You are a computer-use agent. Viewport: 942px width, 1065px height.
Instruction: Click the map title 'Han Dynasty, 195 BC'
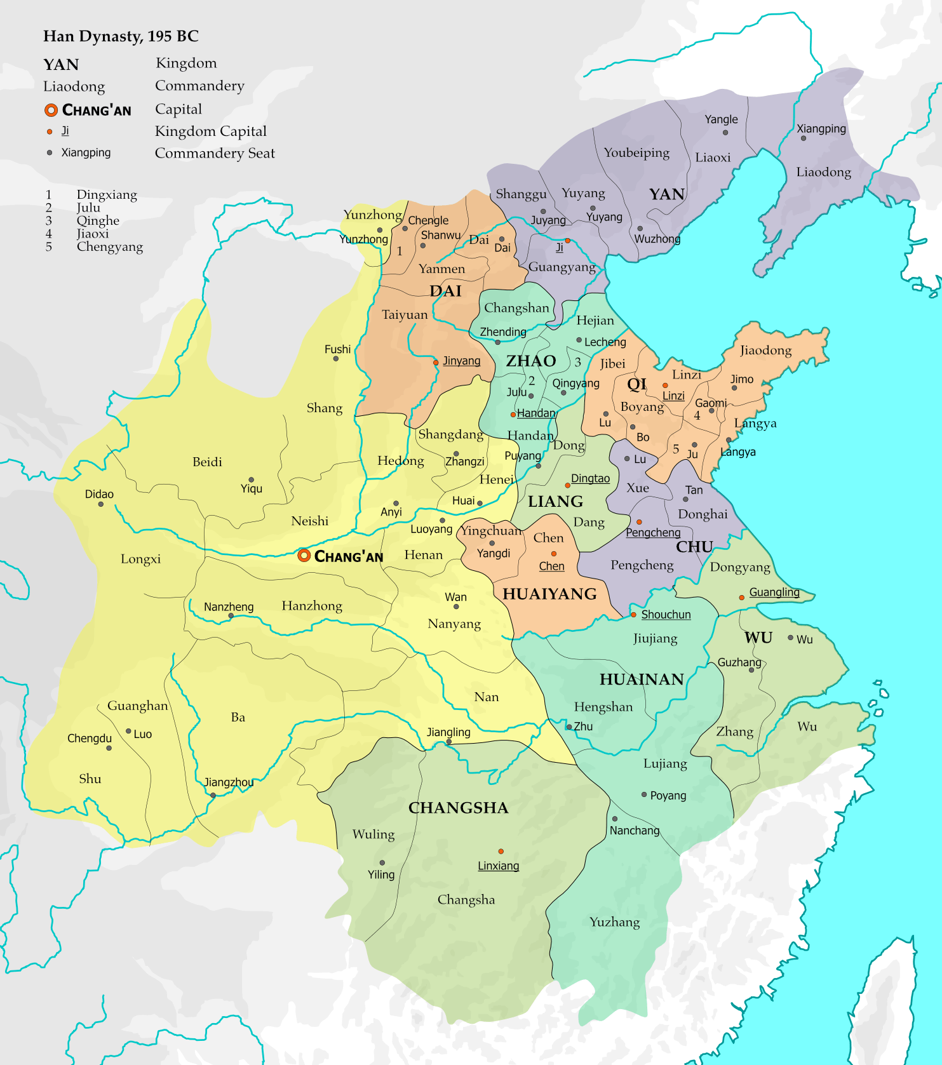pyautogui.click(x=121, y=36)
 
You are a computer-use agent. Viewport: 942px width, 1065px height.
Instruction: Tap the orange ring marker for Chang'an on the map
pyautogui.click(x=304, y=556)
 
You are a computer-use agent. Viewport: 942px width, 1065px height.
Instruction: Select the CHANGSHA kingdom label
pyautogui.click(x=458, y=808)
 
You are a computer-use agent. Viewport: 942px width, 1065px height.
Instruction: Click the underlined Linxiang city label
pyautogui.click(x=498, y=866)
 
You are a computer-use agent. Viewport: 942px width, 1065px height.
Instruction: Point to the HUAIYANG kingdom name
pyautogui.click(x=549, y=594)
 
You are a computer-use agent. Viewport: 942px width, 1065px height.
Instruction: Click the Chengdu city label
pyautogui.click(x=90, y=738)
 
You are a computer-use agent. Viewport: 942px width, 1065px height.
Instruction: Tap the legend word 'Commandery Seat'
pyautogui.click(x=215, y=153)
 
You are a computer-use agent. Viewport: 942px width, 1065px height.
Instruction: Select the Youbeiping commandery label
pyautogui.click(x=636, y=152)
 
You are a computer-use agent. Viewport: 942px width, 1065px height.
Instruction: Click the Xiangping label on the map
pyautogui.click(x=821, y=128)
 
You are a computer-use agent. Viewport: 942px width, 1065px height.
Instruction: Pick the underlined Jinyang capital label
pyautogui.click(x=461, y=361)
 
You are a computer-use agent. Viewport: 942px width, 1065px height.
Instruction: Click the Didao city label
pyautogui.click(x=99, y=494)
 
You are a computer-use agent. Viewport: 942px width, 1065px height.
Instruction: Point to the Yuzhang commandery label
pyautogui.click(x=614, y=922)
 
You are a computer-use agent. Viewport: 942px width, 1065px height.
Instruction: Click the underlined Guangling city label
pyautogui.click(x=774, y=592)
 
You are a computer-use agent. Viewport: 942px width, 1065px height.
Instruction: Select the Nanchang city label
pyautogui.click(x=634, y=831)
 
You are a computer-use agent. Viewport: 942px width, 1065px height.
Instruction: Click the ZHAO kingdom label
pyautogui.click(x=530, y=361)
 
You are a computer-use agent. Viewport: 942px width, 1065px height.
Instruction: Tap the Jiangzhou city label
pyautogui.click(x=229, y=782)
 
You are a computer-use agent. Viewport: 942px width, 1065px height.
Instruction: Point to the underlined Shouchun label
pyautogui.click(x=665, y=614)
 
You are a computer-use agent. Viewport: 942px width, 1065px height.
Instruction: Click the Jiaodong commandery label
pyautogui.click(x=765, y=350)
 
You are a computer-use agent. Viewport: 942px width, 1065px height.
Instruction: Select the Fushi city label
pyautogui.click(x=337, y=349)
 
